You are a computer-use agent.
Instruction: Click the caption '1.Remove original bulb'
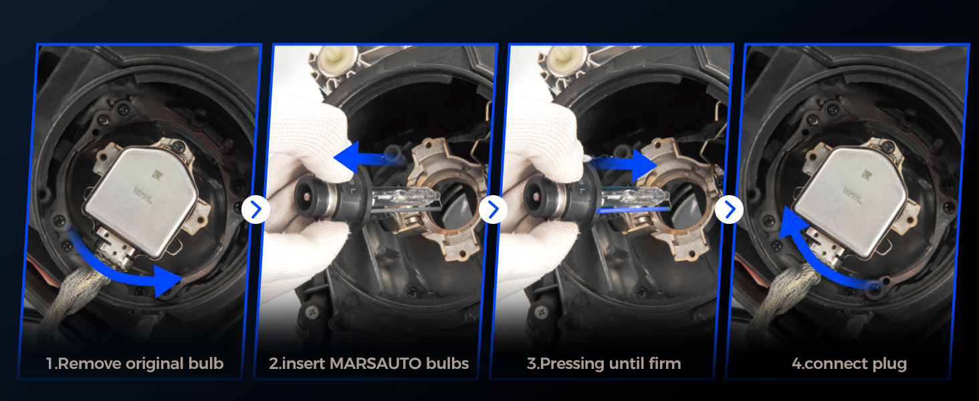(134, 364)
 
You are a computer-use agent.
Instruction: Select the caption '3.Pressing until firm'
(604, 364)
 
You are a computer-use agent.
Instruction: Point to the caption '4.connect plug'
(849, 364)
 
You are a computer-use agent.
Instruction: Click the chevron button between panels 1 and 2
(255, 210)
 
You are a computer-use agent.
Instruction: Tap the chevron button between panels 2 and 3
(493, 210)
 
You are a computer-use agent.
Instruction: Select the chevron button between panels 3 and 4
(730, 210)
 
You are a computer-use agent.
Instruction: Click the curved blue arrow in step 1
(118, 275)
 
